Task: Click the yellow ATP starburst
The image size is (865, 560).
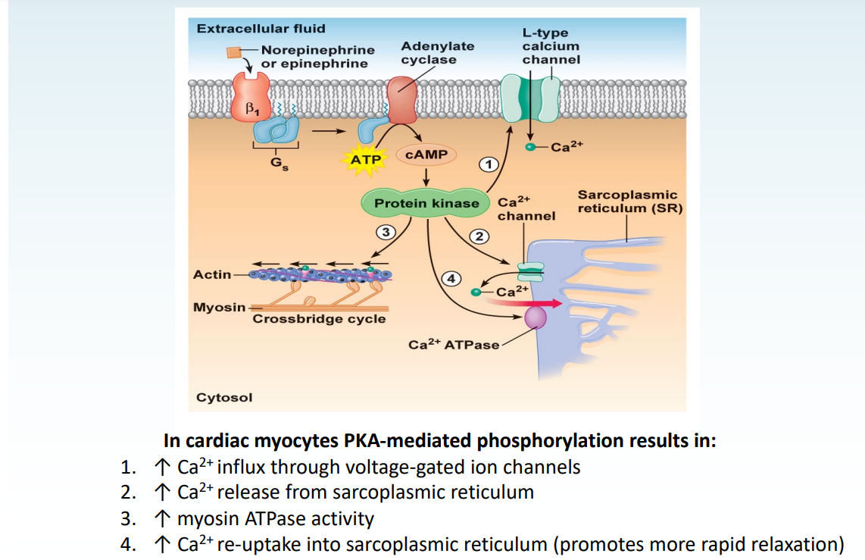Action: (366, 160)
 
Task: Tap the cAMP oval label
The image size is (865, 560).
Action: (426, 155)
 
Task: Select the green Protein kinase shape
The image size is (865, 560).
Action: (427, 203)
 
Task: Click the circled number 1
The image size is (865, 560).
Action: (489, 164)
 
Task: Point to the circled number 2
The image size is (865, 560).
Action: (478, 236)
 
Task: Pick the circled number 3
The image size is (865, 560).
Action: (386, 232)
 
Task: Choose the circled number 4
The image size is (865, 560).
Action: (451, 278)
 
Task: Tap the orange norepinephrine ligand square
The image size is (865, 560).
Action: (235, 52)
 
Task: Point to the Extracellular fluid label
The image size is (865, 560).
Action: (261, 29)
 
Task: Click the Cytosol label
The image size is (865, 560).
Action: (224, 397)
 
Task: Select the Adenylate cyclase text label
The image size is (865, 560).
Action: (437, 53)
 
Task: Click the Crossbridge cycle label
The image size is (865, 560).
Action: (319, 319)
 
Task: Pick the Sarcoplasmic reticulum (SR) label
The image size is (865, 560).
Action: (627, 202)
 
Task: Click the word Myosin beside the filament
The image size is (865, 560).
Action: (219, 307)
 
